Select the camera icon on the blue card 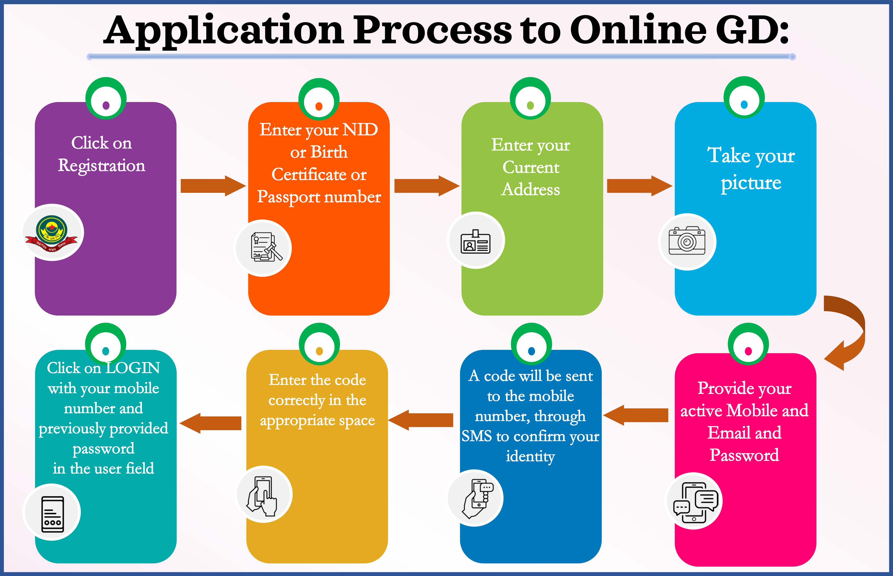687,241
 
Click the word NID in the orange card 360,130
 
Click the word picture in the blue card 751,183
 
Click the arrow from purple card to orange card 212,186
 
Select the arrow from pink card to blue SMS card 636,415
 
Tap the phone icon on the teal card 52,513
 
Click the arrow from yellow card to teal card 211,423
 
